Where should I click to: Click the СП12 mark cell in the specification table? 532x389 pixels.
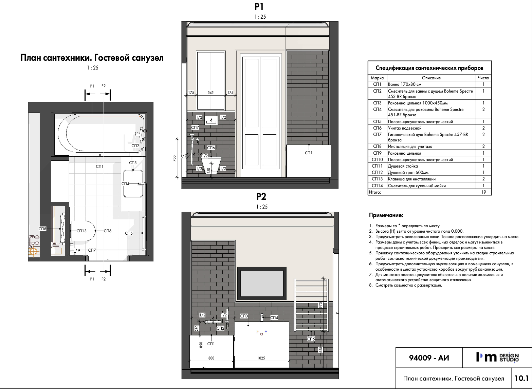[377, 172]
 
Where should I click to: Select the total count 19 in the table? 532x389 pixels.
[483, 192]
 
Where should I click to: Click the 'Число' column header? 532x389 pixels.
[483, 78]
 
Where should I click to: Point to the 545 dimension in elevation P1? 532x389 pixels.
[211, 93]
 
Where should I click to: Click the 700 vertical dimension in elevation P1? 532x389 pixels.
[175, 158]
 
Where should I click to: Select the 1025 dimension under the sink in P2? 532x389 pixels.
[261, 358]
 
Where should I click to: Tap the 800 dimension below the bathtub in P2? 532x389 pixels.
[211, 358]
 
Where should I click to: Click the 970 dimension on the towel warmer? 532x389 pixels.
[320, 305]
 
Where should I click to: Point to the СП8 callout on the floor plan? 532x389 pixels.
[42, 229]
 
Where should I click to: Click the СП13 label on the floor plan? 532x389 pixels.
[81, 231]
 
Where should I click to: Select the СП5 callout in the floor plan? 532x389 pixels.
[129, 233]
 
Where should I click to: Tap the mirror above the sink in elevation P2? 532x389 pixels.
[262, 282]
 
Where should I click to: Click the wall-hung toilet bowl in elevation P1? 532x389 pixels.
[211, 165]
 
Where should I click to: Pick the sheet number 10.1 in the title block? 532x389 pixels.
[521, 378]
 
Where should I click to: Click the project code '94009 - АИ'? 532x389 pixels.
[429, 358]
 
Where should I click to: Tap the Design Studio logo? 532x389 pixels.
[498, 357]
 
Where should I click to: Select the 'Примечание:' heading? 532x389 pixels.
[386, 215]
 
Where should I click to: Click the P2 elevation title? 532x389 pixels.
[261, 196]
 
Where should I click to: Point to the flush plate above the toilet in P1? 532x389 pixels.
[211, 121]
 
